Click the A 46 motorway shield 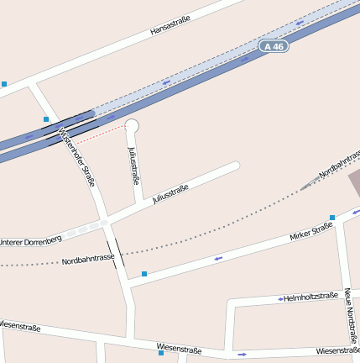[274, 46]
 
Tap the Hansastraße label [170, 26]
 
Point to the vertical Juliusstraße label [133, 166]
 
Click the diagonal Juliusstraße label [170, 194]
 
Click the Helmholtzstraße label [310, 297]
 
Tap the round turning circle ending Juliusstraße [131, 127]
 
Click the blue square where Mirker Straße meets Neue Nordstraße [332, 218]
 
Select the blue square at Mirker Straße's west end [144, 274]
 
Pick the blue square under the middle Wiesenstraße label [161, 353]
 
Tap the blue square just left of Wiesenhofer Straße [46, 119]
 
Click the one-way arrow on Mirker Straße [219, 258]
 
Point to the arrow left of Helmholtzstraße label [280, 298]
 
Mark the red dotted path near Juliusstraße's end [101, 135]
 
